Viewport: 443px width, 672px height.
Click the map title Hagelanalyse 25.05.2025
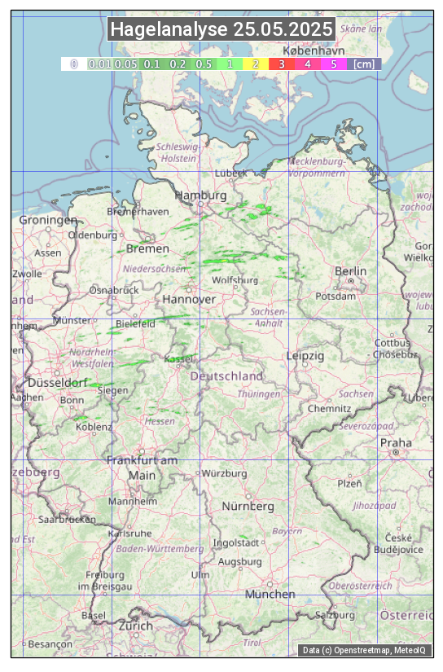tap(221, 30)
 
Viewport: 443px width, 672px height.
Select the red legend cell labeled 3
tap(281, 64)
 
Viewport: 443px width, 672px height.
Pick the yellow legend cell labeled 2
tap(256, 64)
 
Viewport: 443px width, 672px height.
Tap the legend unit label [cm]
tap(365, 64)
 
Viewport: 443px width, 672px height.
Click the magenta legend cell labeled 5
tap(333, 64)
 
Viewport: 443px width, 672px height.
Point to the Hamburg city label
tap(200, 196)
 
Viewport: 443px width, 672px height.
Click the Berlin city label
tap(350, 271)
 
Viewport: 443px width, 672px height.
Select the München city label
tap(270, 595)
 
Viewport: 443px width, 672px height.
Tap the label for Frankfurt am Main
tap(142, 468)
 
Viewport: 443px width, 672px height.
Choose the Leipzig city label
tap(305, 356)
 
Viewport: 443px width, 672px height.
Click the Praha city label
tap(395, 443)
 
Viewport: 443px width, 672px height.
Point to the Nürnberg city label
tap(248, 507)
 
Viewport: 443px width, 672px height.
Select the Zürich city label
tap(135, 626)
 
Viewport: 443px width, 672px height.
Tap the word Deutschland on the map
tap(226, 376)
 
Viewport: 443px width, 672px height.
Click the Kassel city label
tap(178, 359)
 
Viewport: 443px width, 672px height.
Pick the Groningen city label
tap(48, 220)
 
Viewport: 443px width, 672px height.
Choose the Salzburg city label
tap(337, 615)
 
